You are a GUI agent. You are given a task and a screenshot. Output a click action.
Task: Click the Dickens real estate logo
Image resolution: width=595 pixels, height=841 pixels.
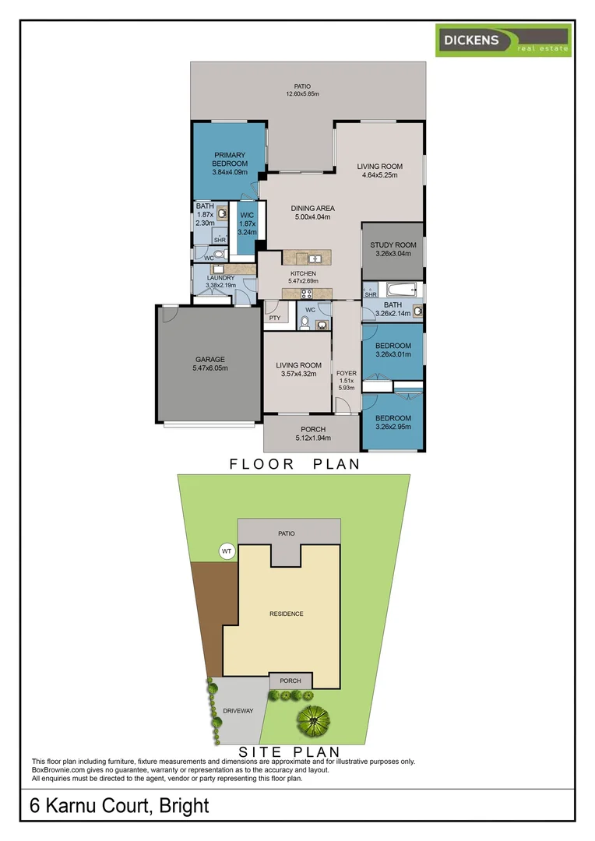coord(502,40)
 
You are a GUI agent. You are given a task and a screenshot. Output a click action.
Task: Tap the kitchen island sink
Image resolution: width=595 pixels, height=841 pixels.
coord(315,259)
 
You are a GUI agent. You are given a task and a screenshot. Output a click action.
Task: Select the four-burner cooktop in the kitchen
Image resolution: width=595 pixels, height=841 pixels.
coord(306,294)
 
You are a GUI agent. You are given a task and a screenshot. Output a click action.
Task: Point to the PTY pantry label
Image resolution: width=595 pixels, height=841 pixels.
coord(274,318)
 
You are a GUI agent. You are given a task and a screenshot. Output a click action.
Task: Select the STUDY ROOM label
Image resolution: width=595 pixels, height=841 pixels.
coord(393,245)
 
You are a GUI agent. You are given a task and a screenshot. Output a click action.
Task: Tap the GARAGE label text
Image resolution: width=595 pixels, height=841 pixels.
coord(209,360)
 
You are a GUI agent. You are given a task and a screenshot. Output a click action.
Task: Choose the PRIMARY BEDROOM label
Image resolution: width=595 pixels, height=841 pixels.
coord(230,160)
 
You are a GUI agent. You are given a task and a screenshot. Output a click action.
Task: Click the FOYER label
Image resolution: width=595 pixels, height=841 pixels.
coord(346,374)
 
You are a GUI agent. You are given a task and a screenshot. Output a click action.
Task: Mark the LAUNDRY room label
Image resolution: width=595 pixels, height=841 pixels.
coord(220,278)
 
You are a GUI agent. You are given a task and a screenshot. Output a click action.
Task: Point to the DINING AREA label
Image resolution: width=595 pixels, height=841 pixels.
coord(312,209)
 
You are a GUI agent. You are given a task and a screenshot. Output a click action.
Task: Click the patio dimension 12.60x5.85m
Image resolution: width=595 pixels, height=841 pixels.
coord(302,94)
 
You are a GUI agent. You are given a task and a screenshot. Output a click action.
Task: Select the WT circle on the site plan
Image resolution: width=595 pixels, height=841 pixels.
coord(227,551)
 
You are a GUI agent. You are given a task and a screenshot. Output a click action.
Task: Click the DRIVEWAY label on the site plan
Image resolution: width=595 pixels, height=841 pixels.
coord(237,711)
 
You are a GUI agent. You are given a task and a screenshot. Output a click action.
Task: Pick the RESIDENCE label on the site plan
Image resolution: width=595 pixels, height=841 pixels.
coord(286,614)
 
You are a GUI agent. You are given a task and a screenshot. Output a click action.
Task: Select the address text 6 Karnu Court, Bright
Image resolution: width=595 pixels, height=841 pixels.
coord(120,804)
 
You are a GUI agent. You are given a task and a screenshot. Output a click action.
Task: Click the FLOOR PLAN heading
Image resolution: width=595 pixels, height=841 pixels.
coord(294,464)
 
